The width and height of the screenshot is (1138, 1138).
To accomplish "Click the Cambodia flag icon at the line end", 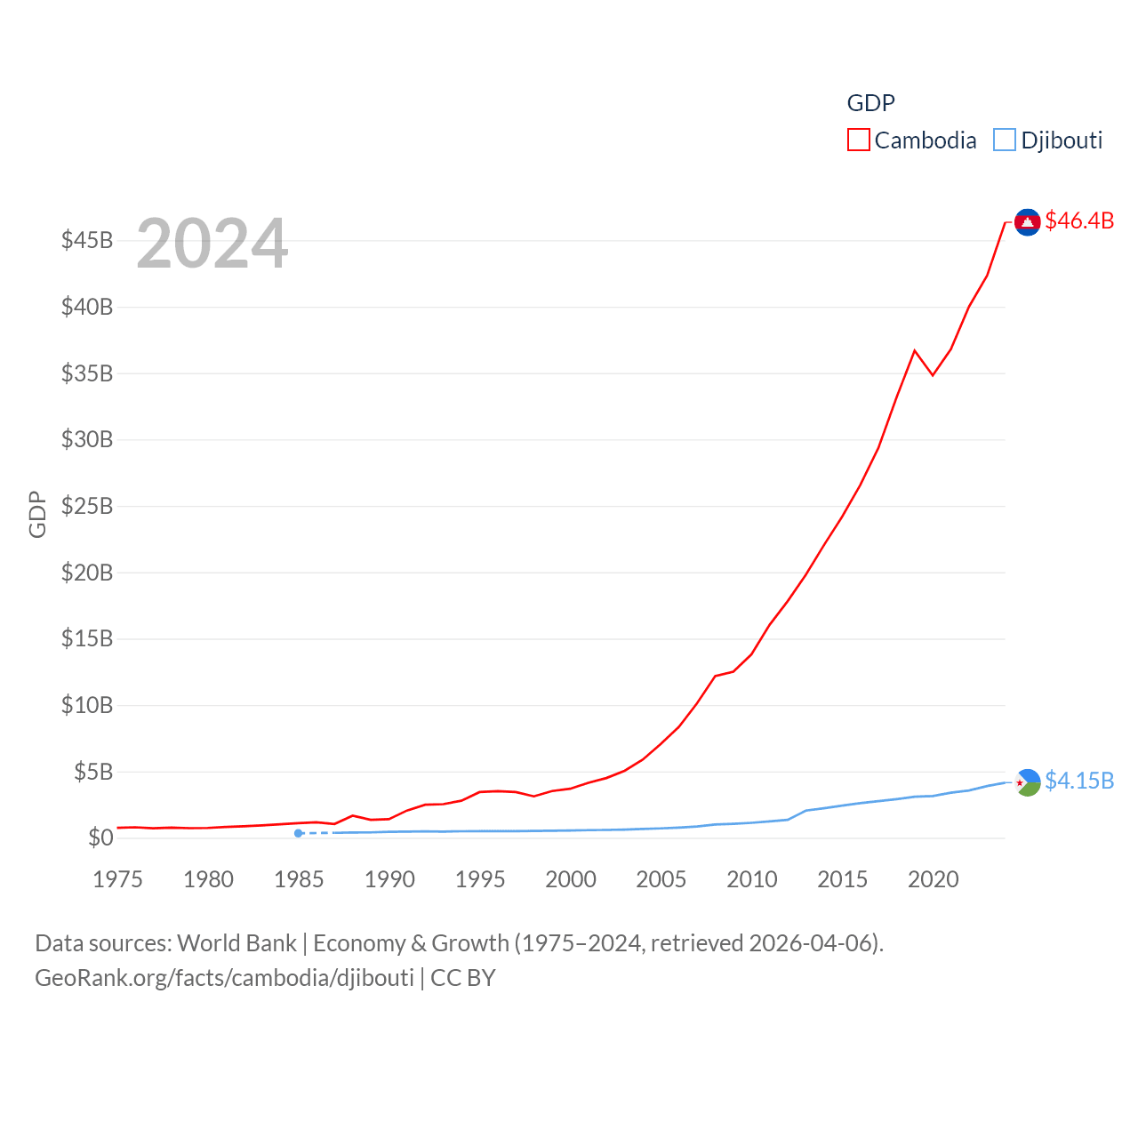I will [x=1027, y=222].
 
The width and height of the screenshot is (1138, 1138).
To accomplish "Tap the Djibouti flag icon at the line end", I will [x=1027, y=782].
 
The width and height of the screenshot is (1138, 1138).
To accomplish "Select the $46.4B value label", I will [x=1079, y=220].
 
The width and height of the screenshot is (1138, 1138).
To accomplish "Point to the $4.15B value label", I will [x=1079, y=781].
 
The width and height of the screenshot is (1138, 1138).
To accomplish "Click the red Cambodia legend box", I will [x=858, y=140].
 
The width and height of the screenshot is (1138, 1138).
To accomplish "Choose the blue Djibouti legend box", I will [x=1004, y=140].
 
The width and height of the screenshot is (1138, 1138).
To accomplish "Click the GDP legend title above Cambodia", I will [x=870, y=103].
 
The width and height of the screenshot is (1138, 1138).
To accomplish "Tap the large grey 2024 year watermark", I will [x=212, y=244].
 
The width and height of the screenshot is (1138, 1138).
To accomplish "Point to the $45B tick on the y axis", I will [x=87, y=241].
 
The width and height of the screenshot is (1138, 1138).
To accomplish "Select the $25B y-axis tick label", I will [x=87, y=507].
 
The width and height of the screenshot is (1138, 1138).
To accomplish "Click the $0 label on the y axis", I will [x=100, y=838].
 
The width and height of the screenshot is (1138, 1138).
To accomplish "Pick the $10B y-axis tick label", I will [x=87, y=706].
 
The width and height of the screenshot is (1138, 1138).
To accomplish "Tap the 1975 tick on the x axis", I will [x=118, y=880].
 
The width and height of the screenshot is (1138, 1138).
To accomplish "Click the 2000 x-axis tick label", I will [x=571, y=880].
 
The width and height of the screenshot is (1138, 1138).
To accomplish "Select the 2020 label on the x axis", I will [x=933, y=880].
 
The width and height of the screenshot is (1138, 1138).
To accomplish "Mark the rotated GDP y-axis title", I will [x=37, y=514].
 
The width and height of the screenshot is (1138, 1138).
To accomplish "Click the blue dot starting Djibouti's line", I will [x=299, y=833].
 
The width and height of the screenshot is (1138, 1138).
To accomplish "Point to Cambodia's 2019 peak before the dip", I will [x=914, y=350].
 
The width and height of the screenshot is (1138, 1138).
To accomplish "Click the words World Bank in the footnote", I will [x=236, y=943].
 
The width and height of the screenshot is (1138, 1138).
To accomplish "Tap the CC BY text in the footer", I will [x=462, y=978].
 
